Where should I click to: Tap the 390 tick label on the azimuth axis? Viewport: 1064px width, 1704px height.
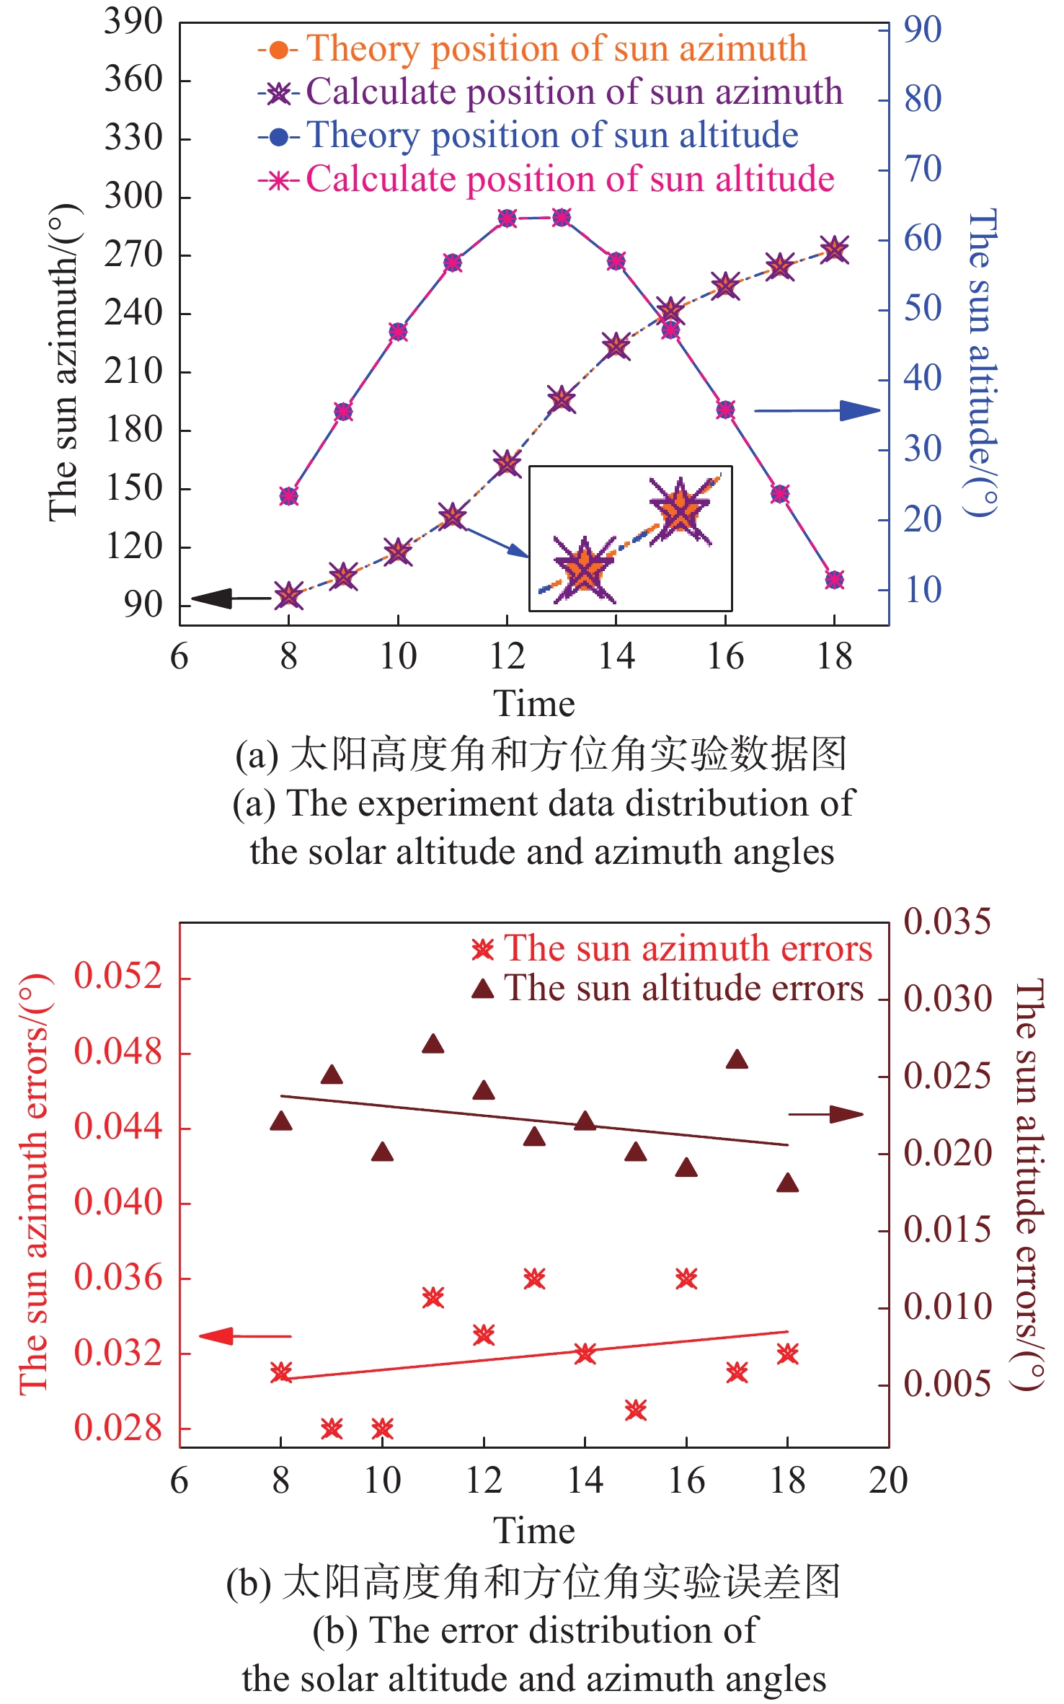click(133, 22)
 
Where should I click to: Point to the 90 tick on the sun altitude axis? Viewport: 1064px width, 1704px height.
click(923, 30)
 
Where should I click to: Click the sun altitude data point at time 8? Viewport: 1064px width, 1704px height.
click(289, 496)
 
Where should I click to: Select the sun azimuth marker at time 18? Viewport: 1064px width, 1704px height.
click(835, 250)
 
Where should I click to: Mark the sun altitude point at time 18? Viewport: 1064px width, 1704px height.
click(835, 580)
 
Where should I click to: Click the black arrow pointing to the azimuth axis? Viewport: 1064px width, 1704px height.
click(223, 599)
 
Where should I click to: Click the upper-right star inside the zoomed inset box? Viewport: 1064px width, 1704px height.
click(680, 511)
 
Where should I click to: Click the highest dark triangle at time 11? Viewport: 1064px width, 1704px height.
click(433, 1044)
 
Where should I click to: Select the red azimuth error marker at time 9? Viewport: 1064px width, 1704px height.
click(332, 1428)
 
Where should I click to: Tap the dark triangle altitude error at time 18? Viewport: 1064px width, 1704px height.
click(788, 1183)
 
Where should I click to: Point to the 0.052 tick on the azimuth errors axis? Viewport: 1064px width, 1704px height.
click(119, 977)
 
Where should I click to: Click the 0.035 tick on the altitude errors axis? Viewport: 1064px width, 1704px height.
click(947, 922)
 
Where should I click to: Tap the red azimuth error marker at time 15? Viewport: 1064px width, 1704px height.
click(636, 1409)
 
